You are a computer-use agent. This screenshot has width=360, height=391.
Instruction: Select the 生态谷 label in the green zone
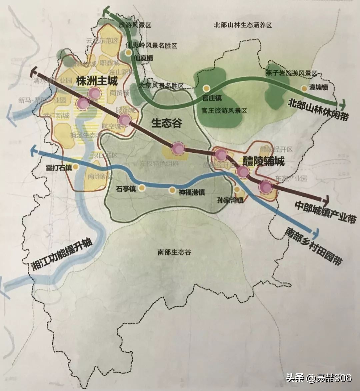click(167, 123)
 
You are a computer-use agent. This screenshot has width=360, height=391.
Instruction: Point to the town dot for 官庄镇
click(207, 89)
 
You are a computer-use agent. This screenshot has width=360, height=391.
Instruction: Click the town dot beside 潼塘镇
click(304, 88)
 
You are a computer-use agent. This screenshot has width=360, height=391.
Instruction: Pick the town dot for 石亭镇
click(142, 188)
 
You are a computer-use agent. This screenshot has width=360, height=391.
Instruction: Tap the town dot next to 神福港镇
click(172, 190)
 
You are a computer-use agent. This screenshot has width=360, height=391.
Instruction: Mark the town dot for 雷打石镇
click(76, 167)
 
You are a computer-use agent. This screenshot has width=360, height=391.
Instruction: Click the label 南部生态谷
click(174, 252)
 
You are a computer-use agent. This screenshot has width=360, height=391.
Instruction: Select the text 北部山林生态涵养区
click(243, 25)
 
